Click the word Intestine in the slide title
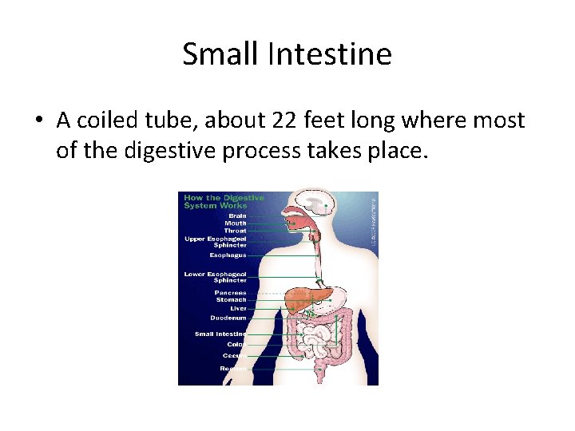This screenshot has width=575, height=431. tap(330, 54)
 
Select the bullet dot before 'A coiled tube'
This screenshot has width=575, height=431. tap(38, 121)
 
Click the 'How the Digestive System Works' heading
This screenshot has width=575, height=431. tap(223, 201)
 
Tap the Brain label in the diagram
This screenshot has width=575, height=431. tap(237, 215)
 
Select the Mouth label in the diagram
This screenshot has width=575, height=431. tap(236, 223)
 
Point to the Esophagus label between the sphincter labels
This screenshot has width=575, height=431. tap(228, 255)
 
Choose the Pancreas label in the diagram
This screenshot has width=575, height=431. tap(230, 293)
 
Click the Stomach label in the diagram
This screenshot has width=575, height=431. tap(232, 300)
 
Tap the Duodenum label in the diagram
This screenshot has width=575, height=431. tap(228, 318)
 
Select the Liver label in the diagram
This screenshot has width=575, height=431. tap(239, 309)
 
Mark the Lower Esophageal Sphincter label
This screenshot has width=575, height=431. tap(216, 277)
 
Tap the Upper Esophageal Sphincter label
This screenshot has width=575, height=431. tap(216, 241)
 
